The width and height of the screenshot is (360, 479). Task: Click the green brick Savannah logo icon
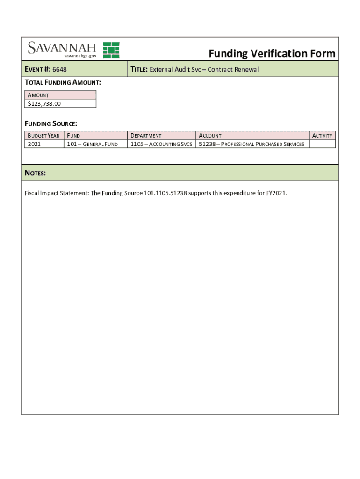(x=111, y=50)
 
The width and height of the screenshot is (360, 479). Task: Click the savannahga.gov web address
(x=80, y=56)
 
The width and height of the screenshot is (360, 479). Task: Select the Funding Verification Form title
(x=272, y=53)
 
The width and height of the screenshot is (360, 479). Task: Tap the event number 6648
(x=59, y=70)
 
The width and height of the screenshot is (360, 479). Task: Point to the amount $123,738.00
(x=44, y=104)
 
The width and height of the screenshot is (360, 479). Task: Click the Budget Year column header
(x=43, y=136)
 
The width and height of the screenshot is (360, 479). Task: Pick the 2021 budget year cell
(x=34, y=144)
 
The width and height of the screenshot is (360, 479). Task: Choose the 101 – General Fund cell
(x=92, y=144)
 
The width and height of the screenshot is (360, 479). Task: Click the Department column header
(x=146, y=136)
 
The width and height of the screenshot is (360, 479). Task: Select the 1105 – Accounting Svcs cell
(x=161, y=144)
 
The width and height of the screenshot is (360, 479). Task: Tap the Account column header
(x=210, y=136)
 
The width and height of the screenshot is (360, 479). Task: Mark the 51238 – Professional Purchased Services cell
(x=252, y=144)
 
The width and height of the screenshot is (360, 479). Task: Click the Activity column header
(x=322, y=136)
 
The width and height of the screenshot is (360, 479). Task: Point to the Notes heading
(x=35, y=173)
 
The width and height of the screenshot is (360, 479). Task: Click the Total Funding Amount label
(x=63, y=82)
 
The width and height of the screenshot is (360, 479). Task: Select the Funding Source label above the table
(x=50, y=124)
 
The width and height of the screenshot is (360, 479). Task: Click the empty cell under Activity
(x=322, y=144)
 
